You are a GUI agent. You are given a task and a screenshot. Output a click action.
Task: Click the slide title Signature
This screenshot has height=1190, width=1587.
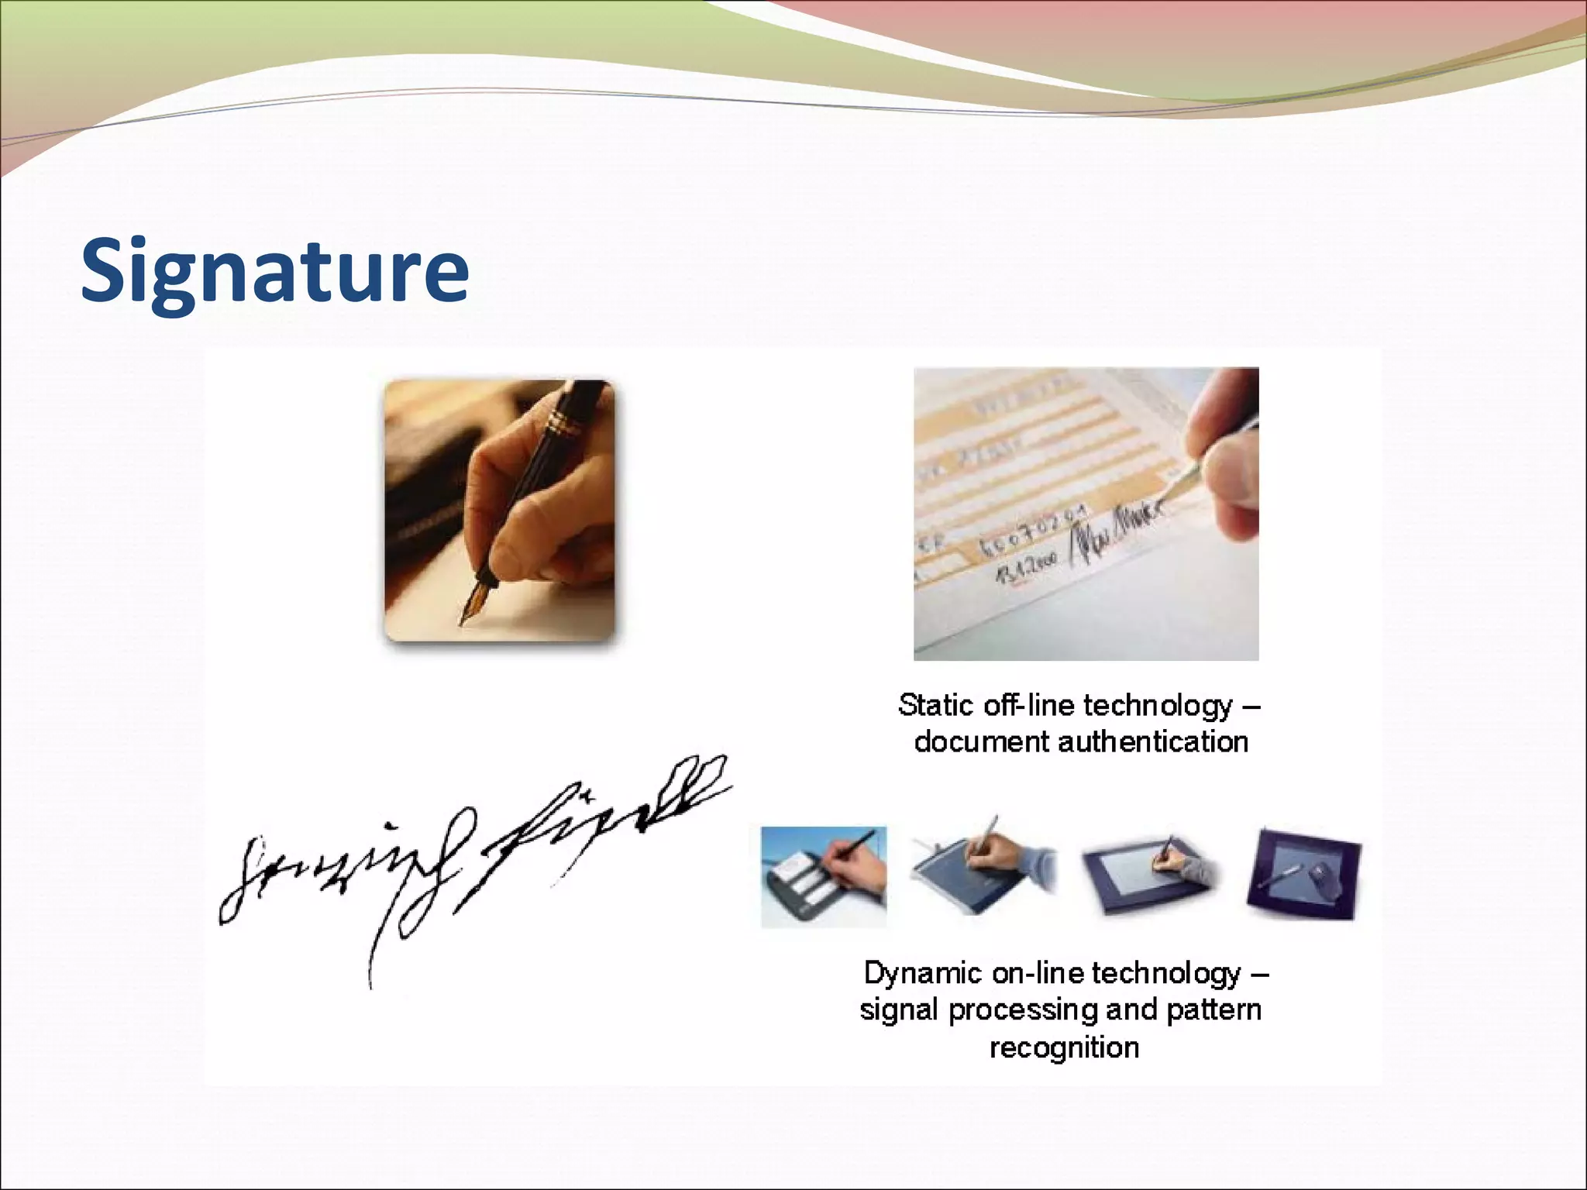pos(275,271)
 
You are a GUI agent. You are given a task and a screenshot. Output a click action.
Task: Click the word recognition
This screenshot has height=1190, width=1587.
pos(1064,1047)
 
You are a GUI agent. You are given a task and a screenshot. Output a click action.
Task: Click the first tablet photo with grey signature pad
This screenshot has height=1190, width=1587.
pos(824,876)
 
